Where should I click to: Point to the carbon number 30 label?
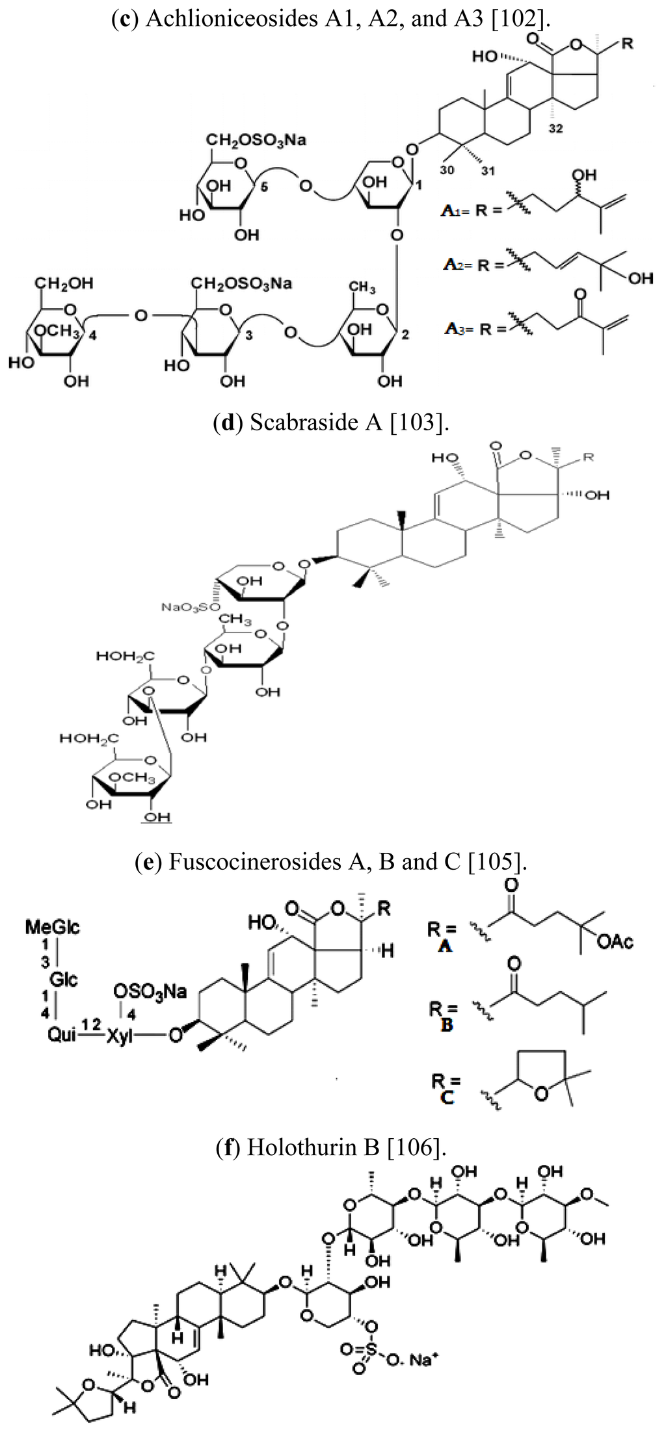447,170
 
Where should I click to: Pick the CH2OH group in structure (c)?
64,283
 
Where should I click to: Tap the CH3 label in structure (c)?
362,287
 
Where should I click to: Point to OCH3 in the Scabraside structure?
132,777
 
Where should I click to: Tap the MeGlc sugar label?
53,927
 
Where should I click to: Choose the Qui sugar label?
62,1034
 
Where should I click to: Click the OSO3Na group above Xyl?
150,991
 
